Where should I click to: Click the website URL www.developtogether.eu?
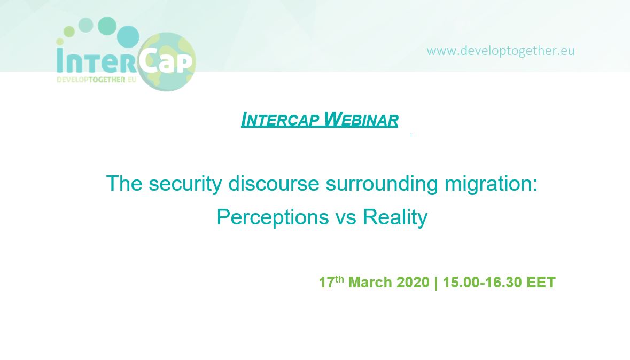(501, 51)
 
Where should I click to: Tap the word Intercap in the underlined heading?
(281, 119)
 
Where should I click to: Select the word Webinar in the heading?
(361, 119)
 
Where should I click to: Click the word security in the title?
(185, 184)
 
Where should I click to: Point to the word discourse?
(274, 184)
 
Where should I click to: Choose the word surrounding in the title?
(382, 184)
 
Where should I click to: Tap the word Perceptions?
(273, 217)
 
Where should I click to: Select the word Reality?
(395, 217)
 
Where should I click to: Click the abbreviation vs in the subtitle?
(346, 219)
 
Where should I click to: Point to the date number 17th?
(331, 281)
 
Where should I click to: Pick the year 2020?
(413, 282)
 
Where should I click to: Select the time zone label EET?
(541, 282)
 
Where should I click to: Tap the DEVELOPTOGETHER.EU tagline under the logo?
(96, 80)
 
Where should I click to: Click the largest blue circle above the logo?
(128, 36)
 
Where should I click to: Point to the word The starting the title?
(124, 184)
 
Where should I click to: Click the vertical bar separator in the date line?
(436, 283)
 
